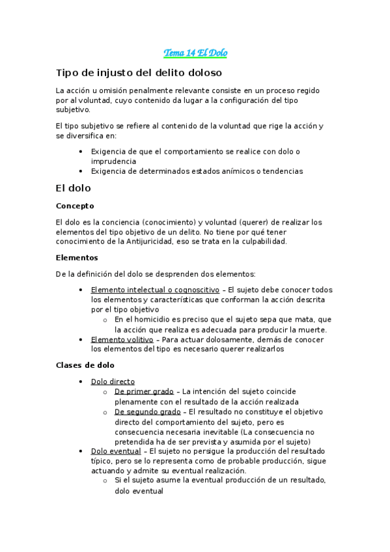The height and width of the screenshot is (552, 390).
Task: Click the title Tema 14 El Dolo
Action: click(195, 53)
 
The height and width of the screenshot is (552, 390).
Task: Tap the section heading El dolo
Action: click(74, 188)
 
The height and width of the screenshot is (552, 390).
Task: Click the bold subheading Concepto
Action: click(75, 206)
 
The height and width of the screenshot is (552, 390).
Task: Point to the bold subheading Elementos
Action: click(77, 257)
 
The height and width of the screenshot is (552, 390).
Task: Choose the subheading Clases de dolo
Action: click(86, 365)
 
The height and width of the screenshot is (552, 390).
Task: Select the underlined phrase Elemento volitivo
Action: click(122, 339)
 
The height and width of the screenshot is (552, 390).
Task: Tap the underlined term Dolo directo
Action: click(113, 381)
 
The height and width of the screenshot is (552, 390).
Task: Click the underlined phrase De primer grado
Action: click(144, 391)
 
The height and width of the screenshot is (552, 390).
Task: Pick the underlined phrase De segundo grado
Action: click(147, 412)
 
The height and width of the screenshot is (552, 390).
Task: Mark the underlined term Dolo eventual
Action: click(115, 451)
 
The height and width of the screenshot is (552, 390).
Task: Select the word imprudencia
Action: click(113, 161)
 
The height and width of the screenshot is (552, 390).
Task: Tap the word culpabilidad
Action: click(260, 241)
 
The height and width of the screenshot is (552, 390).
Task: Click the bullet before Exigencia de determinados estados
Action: click(79, 171)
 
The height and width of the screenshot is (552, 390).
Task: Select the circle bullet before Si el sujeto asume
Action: click(105, 480)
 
